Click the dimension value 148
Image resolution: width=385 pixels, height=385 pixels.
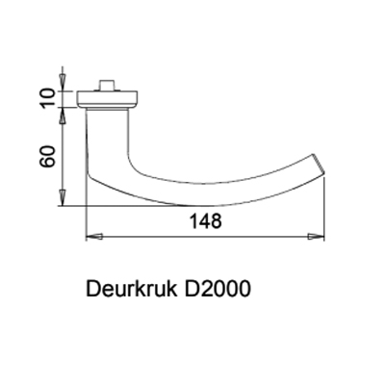tap(206, 221)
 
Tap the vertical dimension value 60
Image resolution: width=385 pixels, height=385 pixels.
tap(47, 157)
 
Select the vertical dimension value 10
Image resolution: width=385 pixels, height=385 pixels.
tap(47, 99)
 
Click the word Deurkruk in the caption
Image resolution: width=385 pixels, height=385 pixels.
tap(132, 289)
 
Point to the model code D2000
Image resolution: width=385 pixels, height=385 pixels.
tap(217, 289)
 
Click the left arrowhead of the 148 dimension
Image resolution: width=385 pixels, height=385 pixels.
tap(94, 237)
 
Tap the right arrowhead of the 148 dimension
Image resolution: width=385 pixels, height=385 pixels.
tap(316, 237)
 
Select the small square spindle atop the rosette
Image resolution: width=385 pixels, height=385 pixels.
tap(108, 86)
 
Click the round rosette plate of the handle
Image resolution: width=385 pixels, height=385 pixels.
tap(108, 100)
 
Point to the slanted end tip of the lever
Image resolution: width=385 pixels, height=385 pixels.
tap(319, 165)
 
